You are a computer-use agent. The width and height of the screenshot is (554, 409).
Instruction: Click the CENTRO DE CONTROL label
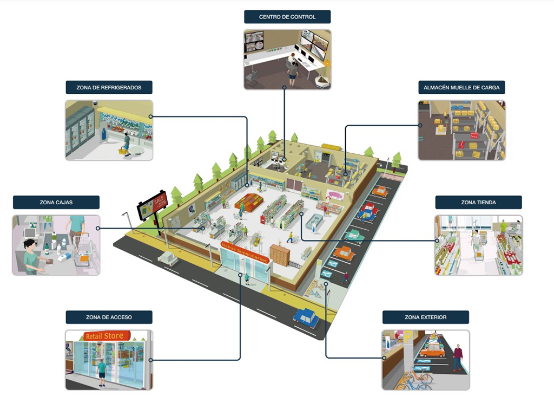click(x=287, y=17)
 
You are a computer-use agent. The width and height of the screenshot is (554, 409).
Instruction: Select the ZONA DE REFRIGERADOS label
click(x=109, y=87)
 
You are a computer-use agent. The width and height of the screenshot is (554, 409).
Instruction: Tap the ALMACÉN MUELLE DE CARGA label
click(x=461, y=87)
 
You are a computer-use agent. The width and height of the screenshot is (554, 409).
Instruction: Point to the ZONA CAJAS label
click(x=56, y=202)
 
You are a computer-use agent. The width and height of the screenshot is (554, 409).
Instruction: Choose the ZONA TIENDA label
click(x=478, y=202)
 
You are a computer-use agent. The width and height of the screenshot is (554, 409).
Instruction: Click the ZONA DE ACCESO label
click(x=109, y=317)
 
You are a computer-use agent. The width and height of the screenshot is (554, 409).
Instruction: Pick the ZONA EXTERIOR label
click(x=425, y=317)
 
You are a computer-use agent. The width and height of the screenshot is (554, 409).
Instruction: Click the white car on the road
click(x=168, y=258)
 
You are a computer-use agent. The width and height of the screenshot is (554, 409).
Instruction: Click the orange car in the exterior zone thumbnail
click(x=432, y=350)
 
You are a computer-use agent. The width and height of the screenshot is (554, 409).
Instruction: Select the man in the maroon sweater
click(x=458, y=357)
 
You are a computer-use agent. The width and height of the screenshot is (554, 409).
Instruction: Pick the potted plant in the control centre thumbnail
click(x=324, y=76)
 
